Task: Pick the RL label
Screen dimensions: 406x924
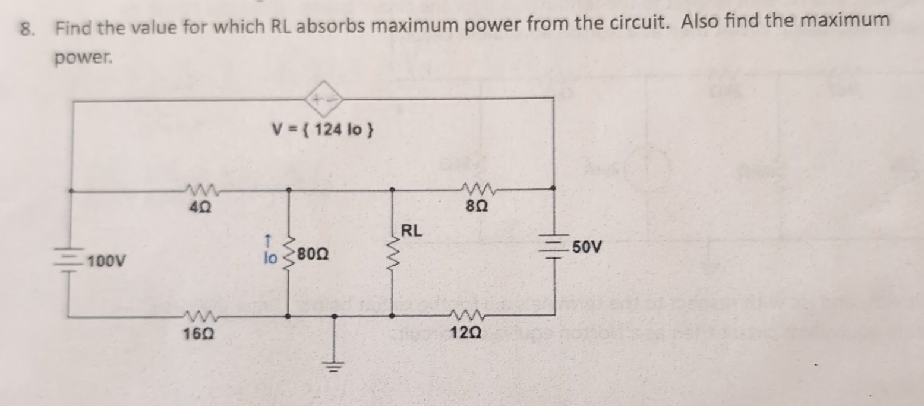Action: pos(412,231)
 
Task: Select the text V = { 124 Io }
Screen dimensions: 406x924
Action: pos(322,129)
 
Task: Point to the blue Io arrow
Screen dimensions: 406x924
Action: pos(268,240)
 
